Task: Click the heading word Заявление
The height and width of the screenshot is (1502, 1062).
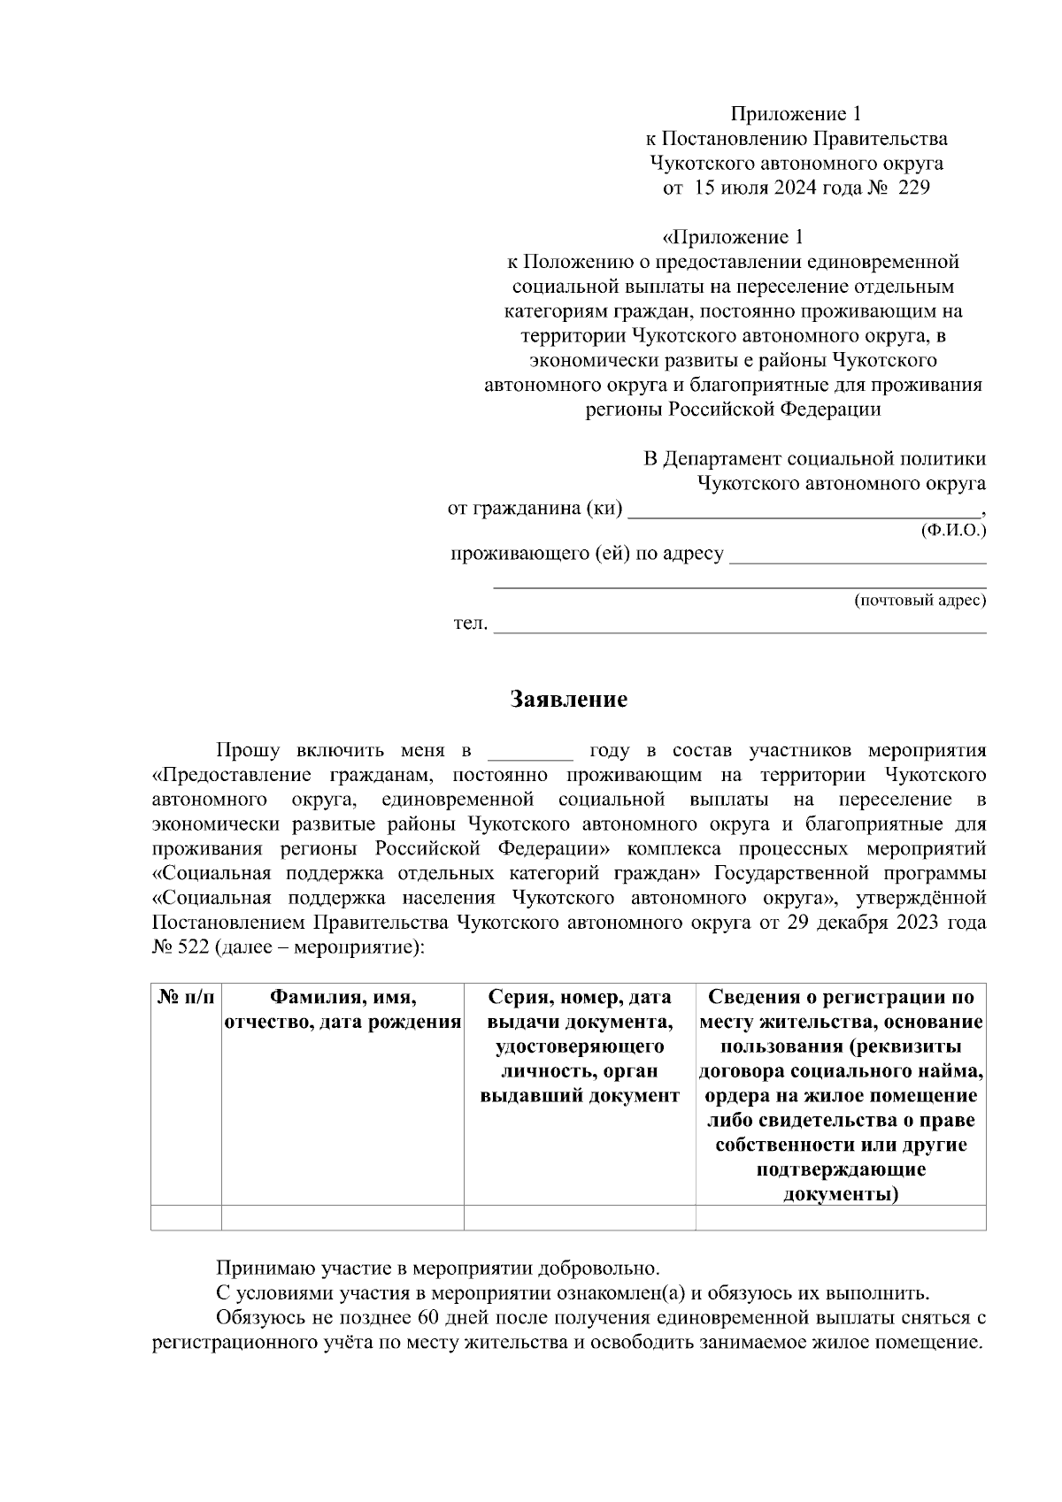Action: [569, 700]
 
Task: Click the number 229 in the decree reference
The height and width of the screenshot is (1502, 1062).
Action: [912, 188]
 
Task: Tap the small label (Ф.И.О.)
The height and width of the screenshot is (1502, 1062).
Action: [953, 531]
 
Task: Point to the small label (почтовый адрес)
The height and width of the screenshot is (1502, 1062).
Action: [920, 601]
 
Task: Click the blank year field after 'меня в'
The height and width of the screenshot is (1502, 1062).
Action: [531, 753]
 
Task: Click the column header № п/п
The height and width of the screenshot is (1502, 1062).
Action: [186, 998]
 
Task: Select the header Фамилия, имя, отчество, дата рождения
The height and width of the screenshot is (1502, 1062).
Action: [342, 1010]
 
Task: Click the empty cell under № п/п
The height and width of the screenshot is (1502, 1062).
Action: [186, 1218]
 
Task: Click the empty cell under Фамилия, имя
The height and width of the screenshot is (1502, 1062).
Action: [342, 1218]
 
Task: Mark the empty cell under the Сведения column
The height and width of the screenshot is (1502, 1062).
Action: [841, 1218]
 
